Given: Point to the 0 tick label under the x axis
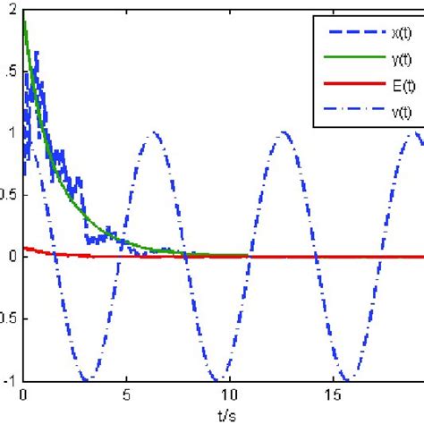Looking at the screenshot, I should (x=23, y=393).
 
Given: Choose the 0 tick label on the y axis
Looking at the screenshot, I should (x=8, y=257).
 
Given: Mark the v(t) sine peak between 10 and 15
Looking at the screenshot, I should (x=284, y=133).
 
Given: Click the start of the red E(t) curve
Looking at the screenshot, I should (x=25, y=249).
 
